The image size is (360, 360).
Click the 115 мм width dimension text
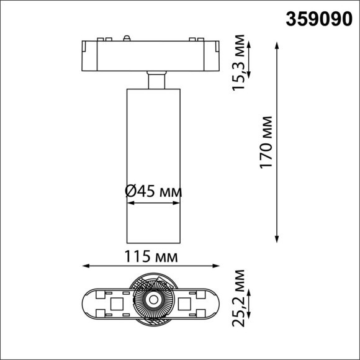click(151, 256)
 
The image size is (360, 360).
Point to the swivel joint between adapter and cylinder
click(156, 81)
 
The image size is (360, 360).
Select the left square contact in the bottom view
click(115, 304)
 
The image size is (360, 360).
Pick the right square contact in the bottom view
click(186, 304)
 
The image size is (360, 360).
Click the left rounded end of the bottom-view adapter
click(89, 304)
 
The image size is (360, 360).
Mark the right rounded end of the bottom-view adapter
click(214, 304)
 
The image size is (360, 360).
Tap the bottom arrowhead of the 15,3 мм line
click(248, 76)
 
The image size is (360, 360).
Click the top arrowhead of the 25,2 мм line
click(248, 292)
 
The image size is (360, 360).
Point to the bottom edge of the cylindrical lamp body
click(153, 241)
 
